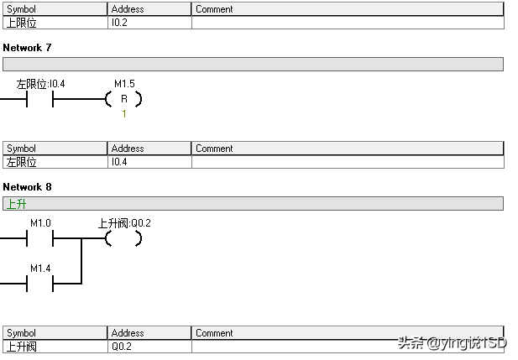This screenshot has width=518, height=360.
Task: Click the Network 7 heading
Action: (27, 48)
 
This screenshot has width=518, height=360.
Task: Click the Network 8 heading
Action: (27, 186)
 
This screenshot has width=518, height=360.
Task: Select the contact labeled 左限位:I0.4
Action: (40, 99)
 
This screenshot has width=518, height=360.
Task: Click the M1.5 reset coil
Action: (123, 99)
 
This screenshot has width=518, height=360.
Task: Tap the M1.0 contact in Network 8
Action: (40, 238)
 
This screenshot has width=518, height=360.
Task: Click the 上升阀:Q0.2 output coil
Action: (123, 238)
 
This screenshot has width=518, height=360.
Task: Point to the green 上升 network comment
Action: (16, 204)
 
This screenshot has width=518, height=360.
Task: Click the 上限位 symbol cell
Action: (21, 23)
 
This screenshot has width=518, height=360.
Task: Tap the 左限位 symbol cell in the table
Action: (21, 162)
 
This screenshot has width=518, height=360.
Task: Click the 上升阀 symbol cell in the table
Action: (21, 347)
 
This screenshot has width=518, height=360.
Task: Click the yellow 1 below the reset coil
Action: (123, 113)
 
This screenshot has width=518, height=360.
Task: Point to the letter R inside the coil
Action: (124, 99)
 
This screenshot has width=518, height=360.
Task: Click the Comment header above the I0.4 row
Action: (214, 149)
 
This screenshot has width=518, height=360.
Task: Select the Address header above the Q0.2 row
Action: (128, 333)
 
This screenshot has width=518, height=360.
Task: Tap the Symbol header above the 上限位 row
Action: (22, 9)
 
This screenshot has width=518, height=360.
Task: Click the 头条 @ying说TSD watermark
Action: (453, 343)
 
